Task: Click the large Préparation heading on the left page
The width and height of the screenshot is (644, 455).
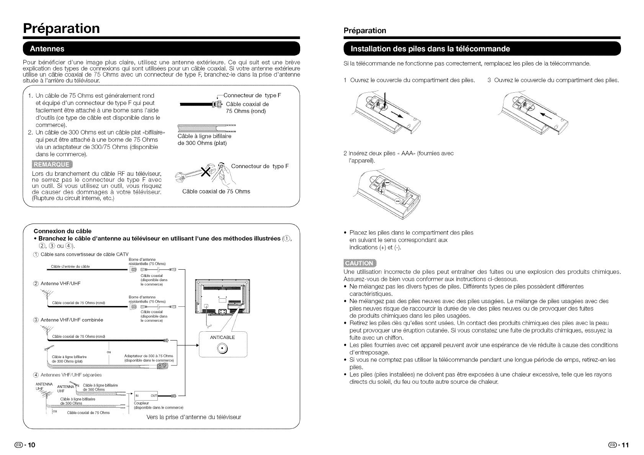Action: point(61,28)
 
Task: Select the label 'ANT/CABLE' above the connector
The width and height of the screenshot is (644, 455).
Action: point(222,337)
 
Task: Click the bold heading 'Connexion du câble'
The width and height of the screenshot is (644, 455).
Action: point(63,231)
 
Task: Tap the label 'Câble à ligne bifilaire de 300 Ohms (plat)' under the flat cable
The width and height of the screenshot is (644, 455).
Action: point(204,139)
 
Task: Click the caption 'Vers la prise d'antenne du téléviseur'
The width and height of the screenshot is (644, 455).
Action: point(194,417)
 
